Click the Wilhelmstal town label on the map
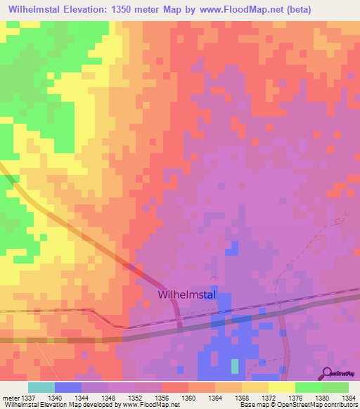(x=188, y=295)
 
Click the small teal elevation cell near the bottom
(x=235, y=366)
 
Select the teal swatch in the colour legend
(x=41, y=387)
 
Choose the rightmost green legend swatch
(x=335, y=387)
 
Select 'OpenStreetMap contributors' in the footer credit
(x=321, y=405)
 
